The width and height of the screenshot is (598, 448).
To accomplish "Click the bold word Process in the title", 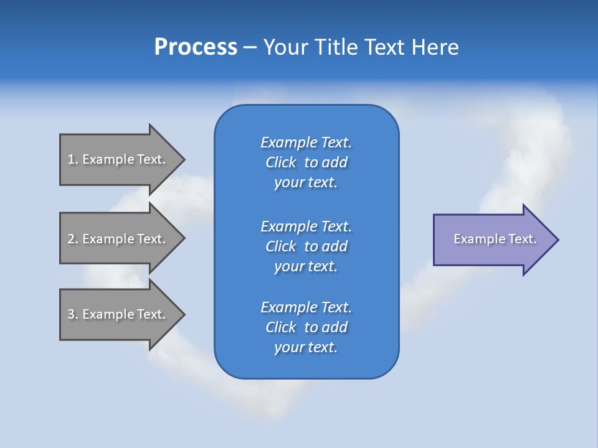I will click(x=196, y=47).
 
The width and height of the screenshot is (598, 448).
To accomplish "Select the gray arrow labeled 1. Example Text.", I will click(x=118, y=159).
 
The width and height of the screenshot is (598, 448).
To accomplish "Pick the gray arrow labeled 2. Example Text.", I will click(x=118, y=239).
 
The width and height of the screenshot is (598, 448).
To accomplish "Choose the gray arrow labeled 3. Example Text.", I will click(x=118, y=314).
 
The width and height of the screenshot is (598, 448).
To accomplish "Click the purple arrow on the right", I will click(x=492, y=240).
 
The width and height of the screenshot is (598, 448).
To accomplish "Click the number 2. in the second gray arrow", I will click(x=72, y=239).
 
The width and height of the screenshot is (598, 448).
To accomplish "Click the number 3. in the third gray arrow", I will click(x=72, y=314).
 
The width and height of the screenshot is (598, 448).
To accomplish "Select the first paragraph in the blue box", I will click(x=306, y=162).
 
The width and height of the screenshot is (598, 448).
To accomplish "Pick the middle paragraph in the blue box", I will click(x=306, y=246).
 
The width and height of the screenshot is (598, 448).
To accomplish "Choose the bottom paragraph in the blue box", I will click(x=306, y=327).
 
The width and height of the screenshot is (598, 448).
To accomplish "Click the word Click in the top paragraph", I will click(x=281, y=162).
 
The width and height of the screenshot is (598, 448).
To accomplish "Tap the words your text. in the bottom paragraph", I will click(x=306, y=347).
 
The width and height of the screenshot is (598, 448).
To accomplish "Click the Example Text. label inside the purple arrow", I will click(x=495, y=239).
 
